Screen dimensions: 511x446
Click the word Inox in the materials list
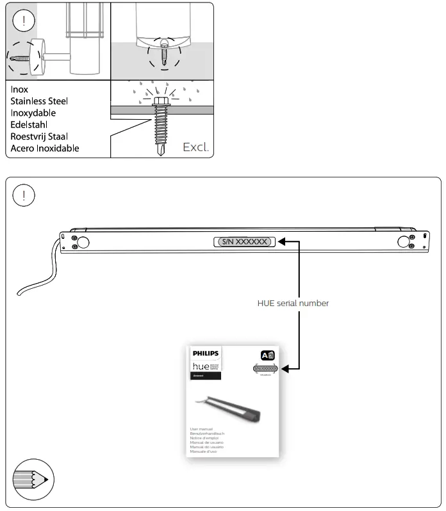point(19,90)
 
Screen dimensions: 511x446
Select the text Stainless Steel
point(39,101)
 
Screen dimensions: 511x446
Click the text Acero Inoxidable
point(45,148)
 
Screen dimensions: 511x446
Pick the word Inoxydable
point(33,113)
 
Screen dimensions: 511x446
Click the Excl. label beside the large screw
point(195,147)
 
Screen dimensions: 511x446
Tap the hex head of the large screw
point(161,102)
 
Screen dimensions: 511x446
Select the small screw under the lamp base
point(163,53)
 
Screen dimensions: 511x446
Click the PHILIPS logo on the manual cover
point(205,353)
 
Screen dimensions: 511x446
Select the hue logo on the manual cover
point(204,365)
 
